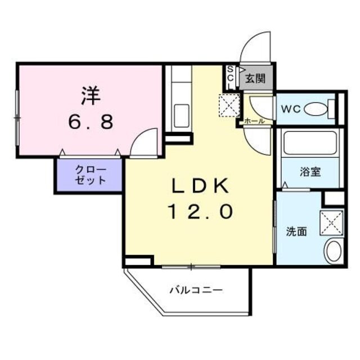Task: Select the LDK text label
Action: click(x=198, y=186)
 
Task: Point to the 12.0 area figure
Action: click(x=198, y=211)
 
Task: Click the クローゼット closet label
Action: click(x=89, y=175)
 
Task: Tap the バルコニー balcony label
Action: click(x=196, y=290)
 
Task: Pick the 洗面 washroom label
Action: click(x=296, y=231)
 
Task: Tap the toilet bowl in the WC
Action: click(x=322, y=107)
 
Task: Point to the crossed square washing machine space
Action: click(x=331, y=221)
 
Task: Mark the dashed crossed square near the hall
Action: click(x=229, y=104)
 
